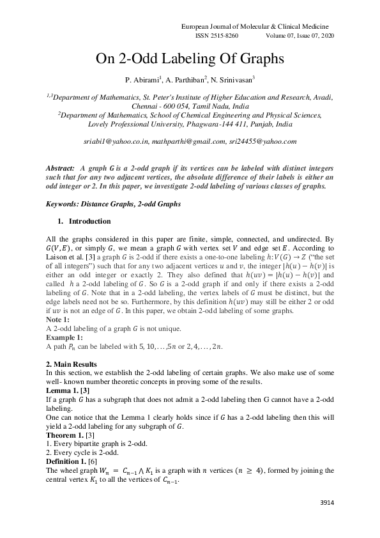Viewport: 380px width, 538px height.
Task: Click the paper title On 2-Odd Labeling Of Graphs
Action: [190, 59]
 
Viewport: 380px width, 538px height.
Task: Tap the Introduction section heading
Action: [89, 222]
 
